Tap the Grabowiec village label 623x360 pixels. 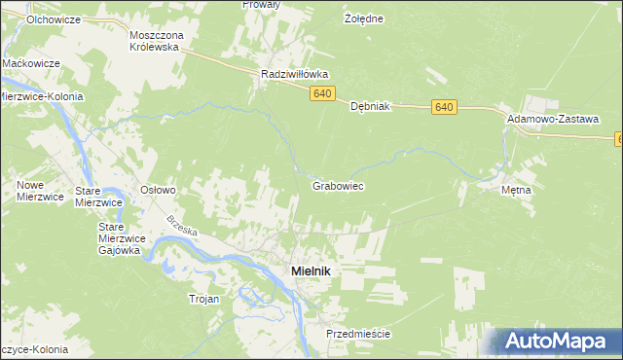click(x=338, y=185)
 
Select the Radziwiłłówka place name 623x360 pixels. click(x=296, y=74)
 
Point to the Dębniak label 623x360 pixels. click(x=370, y=107)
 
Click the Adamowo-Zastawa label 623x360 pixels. click(x=552, y=118)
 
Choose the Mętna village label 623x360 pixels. click(x=516, y=190)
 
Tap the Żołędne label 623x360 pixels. click(x=365, y=18)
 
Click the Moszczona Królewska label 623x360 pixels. click(x=157, y=40)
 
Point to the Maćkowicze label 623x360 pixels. click(x=32, y=62)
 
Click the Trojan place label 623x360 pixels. click(x=204, y=299)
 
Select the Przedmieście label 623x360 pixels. click(x=358, y=334)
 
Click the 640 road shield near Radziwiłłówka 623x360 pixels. click(x=324, y=93)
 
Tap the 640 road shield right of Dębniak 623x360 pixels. click(x=445, y=106)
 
